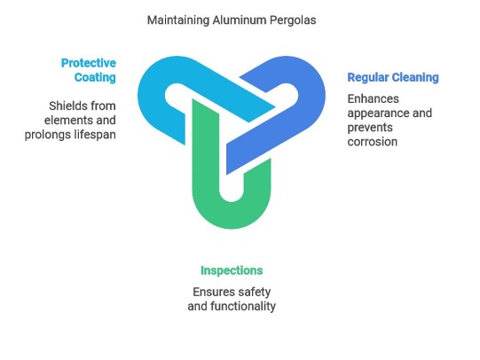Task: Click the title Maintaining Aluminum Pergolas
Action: pos(232,20)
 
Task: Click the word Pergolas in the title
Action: pos(293,20)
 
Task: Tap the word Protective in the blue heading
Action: pos(89,63)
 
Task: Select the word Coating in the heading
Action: pos(95,77)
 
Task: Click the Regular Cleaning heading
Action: pos(393,78)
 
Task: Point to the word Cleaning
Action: pos(415,78)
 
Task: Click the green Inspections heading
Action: pos(232,270)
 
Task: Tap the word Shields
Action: pos(64,106)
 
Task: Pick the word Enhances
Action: pos(374,98)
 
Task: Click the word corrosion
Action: pos(373,142)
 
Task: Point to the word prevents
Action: pos(370,128)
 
